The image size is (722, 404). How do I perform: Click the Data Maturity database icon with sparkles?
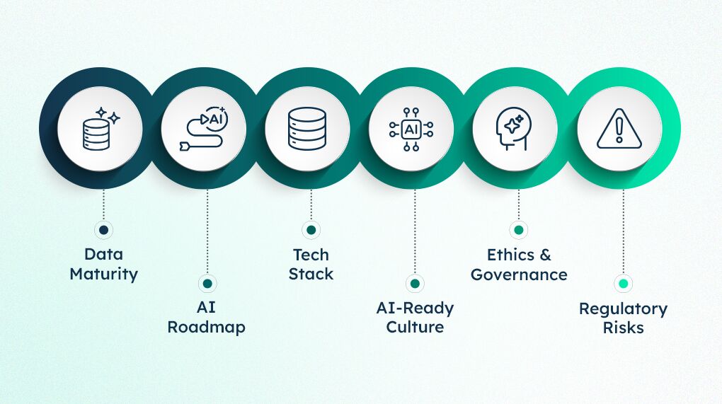[x=100, y=129]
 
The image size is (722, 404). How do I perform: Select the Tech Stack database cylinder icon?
[x=307, y=129]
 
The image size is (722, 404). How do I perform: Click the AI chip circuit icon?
[x=411, y=129]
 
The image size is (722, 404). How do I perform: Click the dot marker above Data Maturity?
[x=104, y=230]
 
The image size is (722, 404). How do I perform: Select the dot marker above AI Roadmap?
[x=207, y=284]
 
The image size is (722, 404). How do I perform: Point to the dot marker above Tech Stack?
[x=311, y=230]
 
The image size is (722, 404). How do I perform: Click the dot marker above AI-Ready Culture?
[x=415, y=284]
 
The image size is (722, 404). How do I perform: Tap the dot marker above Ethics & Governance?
[x=519, y=230]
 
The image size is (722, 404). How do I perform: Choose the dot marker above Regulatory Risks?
[x=623, y=284]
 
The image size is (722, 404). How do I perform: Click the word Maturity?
[x=103, y=275]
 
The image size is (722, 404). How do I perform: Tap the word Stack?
[x=311, y=275]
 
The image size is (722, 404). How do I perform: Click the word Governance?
[x=519, y=275]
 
